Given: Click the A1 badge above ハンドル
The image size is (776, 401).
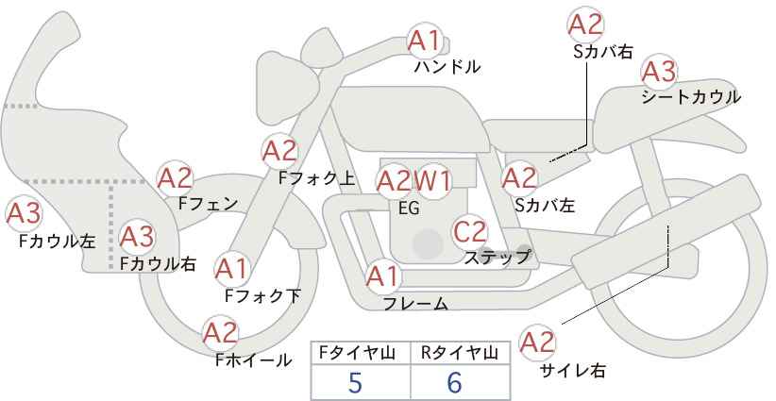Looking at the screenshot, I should coord(425,41).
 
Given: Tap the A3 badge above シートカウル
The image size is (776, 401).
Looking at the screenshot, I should coord(658,71).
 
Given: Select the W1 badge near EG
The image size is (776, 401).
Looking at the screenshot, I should coord(434,179).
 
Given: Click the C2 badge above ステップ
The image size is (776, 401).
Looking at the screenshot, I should coord(470,230).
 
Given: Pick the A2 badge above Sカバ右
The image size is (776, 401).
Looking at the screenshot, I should coord(586,25).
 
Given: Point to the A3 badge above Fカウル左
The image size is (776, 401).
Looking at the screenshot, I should coord(23,213).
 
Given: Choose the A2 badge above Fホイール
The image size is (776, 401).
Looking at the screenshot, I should coord(221,332).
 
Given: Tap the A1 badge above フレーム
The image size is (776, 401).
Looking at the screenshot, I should coord(383,276).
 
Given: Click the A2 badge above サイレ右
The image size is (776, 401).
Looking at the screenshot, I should coord(538,342).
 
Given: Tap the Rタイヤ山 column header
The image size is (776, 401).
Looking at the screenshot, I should coord(459,353).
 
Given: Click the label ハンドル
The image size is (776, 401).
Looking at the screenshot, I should coord(447,67).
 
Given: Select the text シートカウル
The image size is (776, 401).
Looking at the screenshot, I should coord(690,96).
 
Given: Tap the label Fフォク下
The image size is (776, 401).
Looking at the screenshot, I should coord(262,295).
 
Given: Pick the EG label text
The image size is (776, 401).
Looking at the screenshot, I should coord(409,209).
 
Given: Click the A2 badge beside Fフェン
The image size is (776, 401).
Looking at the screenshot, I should coord(175,177).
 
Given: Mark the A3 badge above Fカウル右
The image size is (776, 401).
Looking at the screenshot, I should coord(136,235).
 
